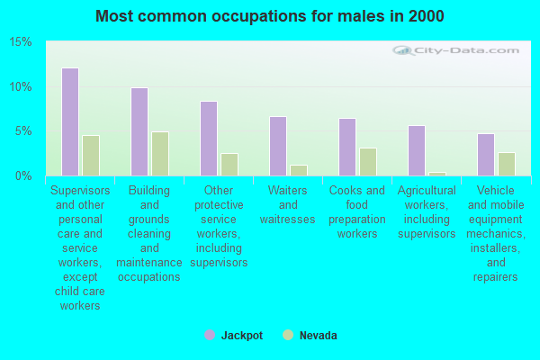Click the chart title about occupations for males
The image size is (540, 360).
pyautogui.click(x=270, y=16)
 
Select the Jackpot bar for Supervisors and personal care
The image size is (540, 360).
pyautogui.click(x=70, y=121)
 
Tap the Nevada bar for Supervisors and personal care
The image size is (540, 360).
pyautogui.click(x=91, y=155)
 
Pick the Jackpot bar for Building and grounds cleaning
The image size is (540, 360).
pyautogui.click(x=139, y=131)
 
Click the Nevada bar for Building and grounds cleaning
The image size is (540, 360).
pyautogui.click(x=160, y=153)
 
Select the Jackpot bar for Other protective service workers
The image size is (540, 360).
pyautogui.click(x=209, y=138)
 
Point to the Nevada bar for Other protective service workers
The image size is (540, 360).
pyautogui.click(x=229, y=164)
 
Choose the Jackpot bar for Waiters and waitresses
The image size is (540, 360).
pyautogui.click(x=278, y=146)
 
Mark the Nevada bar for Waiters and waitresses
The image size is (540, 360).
pyautogui.click(x=299, y=170)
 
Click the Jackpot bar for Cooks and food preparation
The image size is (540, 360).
pyautogui.click(x=347, y=147)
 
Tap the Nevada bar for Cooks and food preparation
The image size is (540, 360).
pyautogui.click(x=368, y=161)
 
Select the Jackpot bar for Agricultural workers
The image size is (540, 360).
pyautogui.click(x=417, y=150)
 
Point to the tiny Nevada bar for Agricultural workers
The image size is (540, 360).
pyautogui.click(x=437, y=174)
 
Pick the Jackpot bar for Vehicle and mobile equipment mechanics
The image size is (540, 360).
pyautogui.click(x=486, y=154)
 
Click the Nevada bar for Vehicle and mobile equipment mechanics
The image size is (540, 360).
pyautogui.click(x=507, y=164)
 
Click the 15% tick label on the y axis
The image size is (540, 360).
pyautogui.click(x=22, y=42)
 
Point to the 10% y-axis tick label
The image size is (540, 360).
pyautogui.click(x=22, y=87)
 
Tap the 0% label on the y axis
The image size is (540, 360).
pyautogui.click(x=24, y=175)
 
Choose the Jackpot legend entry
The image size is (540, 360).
pyautogui.click(x=234, y=335)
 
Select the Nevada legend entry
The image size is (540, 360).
pyautogui.click(x=310, y=335)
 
